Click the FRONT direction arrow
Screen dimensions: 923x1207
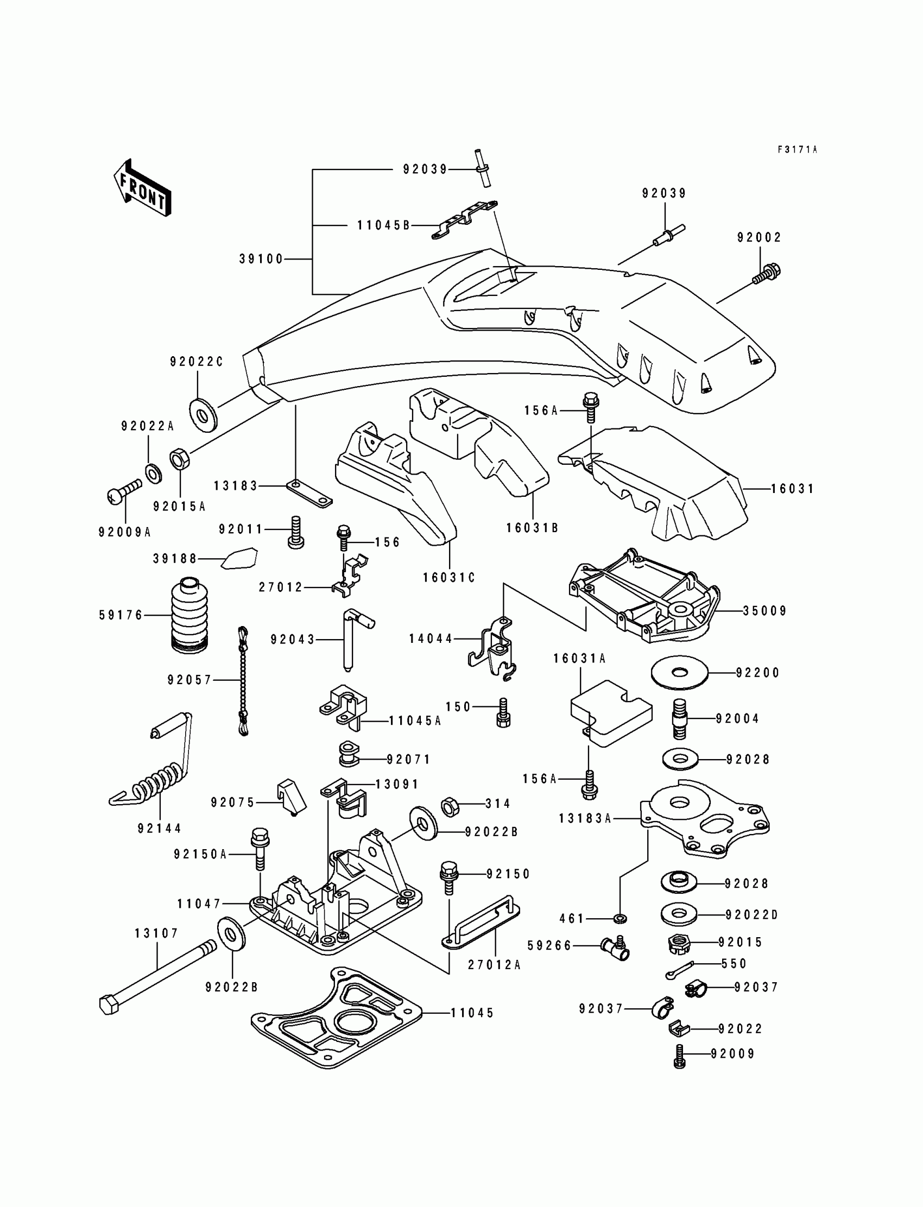pyautogui.click(x=142, y=188)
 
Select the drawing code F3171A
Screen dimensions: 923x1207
pyautogui.click(x=797, y=149)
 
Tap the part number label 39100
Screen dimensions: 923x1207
pyautogui.click(x=261, y=259)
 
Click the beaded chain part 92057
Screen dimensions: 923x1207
pyautogui.click(x=242, y=681)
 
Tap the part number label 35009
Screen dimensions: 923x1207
pyautogui.click(x=765, y=611)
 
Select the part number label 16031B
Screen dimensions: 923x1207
pyautogui.click(x=532, y=528)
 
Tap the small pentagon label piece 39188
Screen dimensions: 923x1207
pyautogui.click(x=239, y=558)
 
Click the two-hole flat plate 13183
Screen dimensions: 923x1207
pyautogui.click(x=309, y=494)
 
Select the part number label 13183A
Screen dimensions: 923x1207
pyautogui.click(x=585, y=819)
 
